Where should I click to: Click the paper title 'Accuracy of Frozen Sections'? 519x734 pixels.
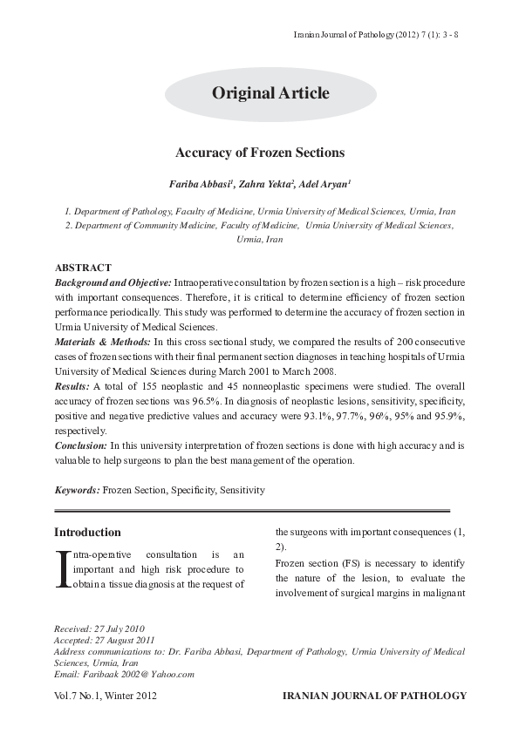point(260,153)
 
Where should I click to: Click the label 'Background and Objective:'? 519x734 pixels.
point(113,284)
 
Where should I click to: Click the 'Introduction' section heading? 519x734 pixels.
point(87,532)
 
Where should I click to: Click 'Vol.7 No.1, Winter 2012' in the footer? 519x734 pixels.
point(106,697)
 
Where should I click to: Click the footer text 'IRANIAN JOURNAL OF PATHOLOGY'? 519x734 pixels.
point(371,697)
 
